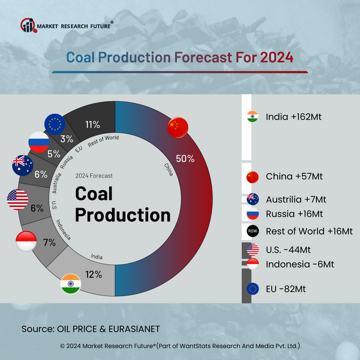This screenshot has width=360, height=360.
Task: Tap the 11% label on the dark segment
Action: coord(92,125)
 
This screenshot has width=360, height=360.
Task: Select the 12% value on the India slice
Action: coord(93,274)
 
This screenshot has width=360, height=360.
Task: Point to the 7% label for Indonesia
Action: coord(49,243)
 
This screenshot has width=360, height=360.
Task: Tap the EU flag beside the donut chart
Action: coord(55,124)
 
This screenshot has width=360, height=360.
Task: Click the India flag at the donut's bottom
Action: coord(71,284)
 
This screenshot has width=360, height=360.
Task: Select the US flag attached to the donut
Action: coord(17,199)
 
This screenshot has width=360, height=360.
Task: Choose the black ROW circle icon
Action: coord(252,230)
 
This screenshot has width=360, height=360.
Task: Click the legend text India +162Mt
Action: coord(294,117)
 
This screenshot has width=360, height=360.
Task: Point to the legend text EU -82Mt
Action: coord(286,289)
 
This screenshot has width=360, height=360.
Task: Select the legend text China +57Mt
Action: coord(293,177)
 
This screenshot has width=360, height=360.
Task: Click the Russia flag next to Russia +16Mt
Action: coord(252,214)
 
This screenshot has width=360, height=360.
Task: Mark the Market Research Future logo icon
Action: coord(28,26)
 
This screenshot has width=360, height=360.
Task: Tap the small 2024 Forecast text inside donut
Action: coord(94,176)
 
